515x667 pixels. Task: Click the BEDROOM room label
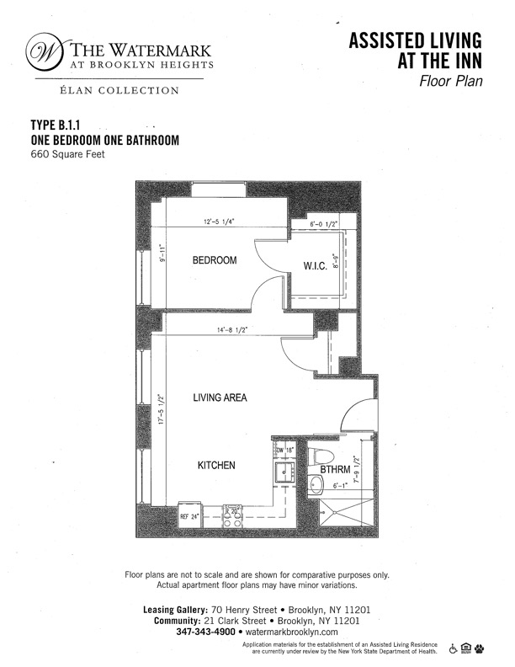coord(215,260)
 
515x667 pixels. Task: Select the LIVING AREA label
coord(220,398)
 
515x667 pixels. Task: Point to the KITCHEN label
coord(216,465)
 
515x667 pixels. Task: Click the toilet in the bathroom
coord(314,459)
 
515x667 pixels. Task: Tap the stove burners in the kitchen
coord(232,515)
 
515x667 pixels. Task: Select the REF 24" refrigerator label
coord(189,515)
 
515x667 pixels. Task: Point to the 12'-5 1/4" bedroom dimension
coord(218,222)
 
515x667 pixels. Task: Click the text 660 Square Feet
coord(67,154)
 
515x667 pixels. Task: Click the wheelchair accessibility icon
coord(454,648)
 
